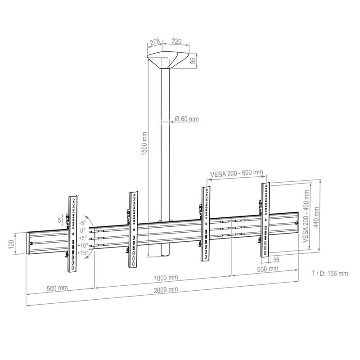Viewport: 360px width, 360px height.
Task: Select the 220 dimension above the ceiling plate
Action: [x=176, y=41]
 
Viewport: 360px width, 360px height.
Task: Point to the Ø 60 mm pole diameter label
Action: [x=187, y=119]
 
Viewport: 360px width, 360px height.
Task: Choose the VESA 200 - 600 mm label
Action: [x=236, y=173]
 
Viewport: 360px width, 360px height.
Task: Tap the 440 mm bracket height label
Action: [x=317, y=218]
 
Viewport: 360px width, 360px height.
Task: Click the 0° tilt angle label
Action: [x=83, y=230]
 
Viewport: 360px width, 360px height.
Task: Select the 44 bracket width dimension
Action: [x=274, y=259]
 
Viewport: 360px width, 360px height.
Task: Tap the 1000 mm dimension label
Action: [x=164, y=278]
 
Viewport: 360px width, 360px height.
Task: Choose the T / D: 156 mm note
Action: [x=329, y=273]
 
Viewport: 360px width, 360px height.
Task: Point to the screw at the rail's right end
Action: [x=296, y=223]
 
